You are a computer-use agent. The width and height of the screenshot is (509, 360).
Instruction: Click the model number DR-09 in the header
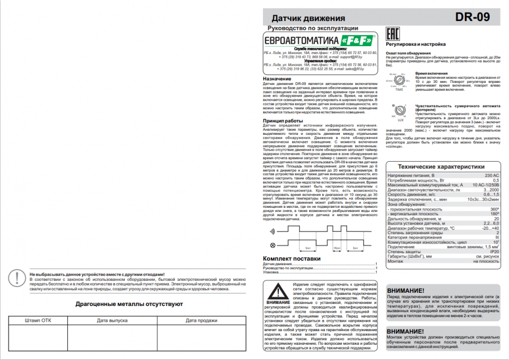pyautogui.click(x=472, y=17)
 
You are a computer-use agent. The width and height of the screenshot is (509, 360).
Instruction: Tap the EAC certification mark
pyautogui.click(x=391, y=35)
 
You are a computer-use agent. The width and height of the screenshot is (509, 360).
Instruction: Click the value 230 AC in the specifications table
pyautogui.click(x=492, y=175)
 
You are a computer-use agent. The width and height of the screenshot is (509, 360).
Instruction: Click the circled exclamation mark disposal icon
pyautogui.click(x=19, y=277)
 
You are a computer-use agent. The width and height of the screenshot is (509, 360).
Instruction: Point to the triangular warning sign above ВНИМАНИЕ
pyautogui.click(x=278, y=290)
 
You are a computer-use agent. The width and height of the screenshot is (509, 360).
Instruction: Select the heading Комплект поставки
pyautogui.click(x=291, y=259)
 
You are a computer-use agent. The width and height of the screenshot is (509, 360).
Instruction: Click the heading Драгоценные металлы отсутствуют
pyautogui.click(x=129, y=304)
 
